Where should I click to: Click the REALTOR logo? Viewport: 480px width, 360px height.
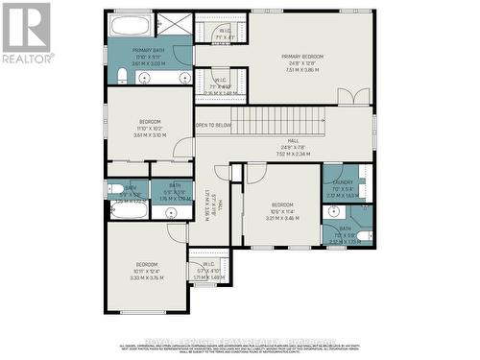(27, 34)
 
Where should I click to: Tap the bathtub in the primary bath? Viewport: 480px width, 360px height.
(129, 26)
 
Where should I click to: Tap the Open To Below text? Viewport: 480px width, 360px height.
(213, 125)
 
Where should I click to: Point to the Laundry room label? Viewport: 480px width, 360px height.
(342, 181)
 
